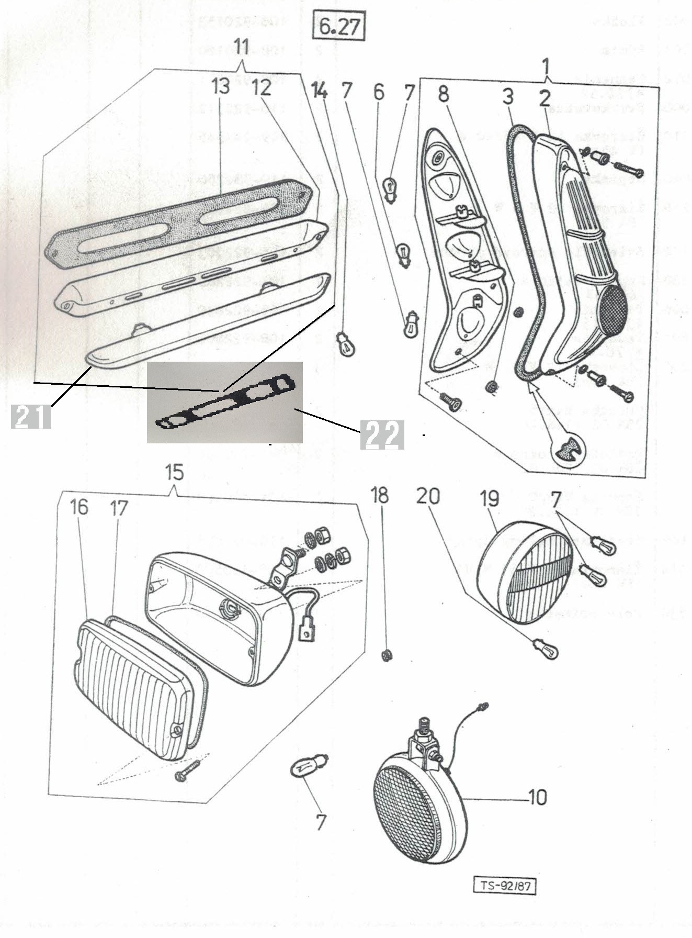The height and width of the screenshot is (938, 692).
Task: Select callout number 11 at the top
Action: tap(241, 48)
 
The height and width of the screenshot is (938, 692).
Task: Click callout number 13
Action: tap(220, 87)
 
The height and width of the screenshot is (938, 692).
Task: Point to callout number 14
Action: tap(319, 91)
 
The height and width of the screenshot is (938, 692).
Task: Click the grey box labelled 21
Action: tap(31, 417)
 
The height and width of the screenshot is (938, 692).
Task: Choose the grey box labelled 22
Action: tap(382, 434)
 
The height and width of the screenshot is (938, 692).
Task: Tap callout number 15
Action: tap(175, 473)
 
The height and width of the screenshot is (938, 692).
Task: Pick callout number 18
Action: tap(380, 496)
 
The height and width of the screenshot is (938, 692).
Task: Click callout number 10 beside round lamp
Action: tap(537, 797)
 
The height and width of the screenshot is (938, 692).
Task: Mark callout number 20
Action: tap(428, 496)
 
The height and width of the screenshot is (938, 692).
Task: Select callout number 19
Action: tap(490, 499)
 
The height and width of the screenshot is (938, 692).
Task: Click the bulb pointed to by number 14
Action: tap(345, 344)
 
